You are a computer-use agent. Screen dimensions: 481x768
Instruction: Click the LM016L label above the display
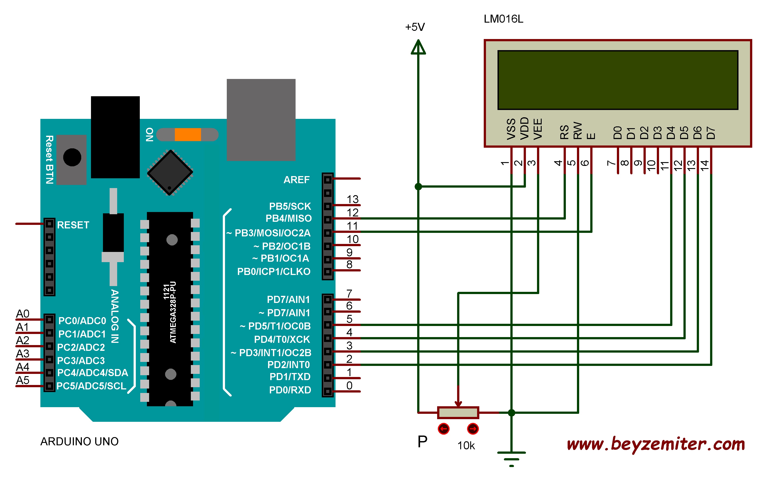click(x=503, y=19)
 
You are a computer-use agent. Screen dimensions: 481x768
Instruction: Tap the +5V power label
click(x=415, y=27)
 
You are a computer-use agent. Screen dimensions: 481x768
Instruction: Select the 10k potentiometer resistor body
click(x=458, y=413)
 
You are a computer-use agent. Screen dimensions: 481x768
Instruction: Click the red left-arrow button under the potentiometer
click(x=443, y=429)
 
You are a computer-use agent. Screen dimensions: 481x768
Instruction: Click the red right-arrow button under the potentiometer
click(x=473, y=429)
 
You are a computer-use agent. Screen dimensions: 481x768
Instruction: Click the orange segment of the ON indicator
click(x=188, y=135)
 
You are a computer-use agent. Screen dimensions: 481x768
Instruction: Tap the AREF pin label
click(x=296, y=180)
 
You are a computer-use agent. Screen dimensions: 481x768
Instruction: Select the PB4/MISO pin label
click(x=288, y=219)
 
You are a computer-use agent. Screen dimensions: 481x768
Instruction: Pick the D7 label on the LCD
click(x=711, y=133)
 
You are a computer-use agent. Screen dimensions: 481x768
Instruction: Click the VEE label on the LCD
click(x=538, y=129)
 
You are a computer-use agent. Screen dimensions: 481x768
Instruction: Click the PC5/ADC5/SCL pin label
click(x=91, y=386)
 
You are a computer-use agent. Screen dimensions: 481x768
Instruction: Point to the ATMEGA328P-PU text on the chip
click(x=173, y=312)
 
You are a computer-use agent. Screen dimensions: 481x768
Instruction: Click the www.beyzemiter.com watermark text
click(x=656, y=444)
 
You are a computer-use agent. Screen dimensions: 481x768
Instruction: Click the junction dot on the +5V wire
click(x=418, y=187)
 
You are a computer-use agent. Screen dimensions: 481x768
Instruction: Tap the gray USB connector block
click(x=261, y=120)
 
